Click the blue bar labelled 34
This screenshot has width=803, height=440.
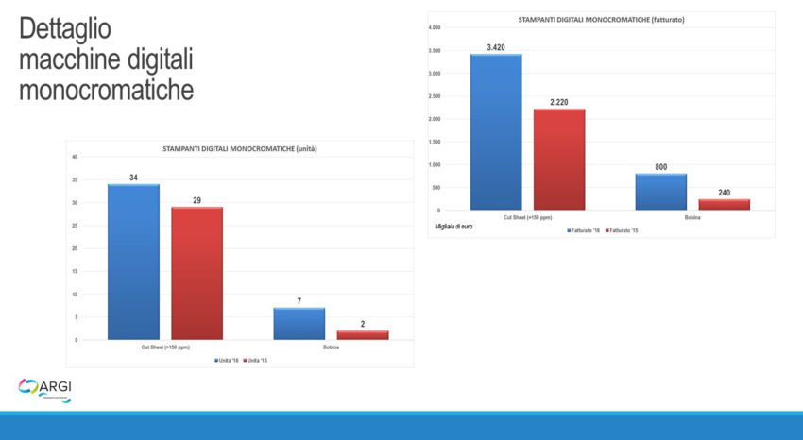pos(133,262)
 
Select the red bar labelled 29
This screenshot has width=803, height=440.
pos(196,273)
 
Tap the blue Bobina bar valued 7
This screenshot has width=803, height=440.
pos(299,323)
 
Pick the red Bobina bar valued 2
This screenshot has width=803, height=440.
pos(362,334)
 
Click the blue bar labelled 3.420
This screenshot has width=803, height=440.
pos(495,132)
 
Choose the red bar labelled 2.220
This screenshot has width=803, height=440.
pos(558,160)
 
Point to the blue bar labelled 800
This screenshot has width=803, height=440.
pos(660,192)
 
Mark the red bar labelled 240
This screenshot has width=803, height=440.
pos(724,204)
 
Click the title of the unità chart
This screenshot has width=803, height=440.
pos(239,148)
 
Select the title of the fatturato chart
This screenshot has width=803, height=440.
pos(601,20)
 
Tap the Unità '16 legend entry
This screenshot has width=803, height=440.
pos(228,361)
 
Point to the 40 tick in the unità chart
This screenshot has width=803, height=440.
pos(75,157)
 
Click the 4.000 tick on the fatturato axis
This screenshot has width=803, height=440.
pos(435,28)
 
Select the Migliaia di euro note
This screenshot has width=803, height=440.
pos(453,227)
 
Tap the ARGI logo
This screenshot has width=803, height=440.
pos(45,388)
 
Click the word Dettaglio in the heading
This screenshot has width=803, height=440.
pos(65,29)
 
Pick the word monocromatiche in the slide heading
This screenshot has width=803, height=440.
pos(107,90)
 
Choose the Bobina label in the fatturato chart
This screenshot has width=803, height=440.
pos(692,218)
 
